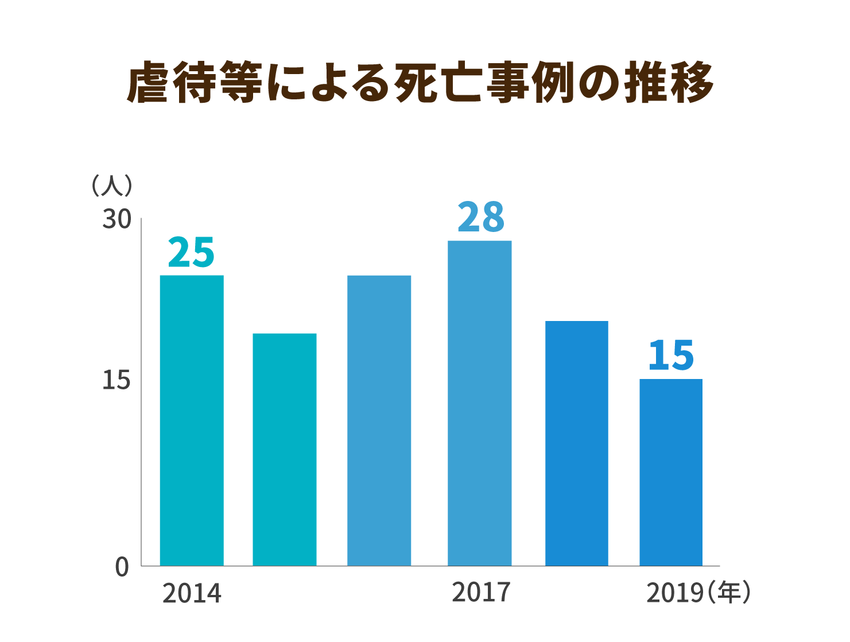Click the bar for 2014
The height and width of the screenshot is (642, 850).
click(x=192, y=420)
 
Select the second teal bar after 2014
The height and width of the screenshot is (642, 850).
click(x=285, y=449)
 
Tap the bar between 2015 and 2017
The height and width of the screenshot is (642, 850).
click(x=379, y=420)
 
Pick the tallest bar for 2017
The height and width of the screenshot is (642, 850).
click(x=479, y=403)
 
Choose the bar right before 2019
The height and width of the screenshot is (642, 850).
click(x=576, y=443)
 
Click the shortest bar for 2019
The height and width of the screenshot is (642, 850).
click(x=671, y=472)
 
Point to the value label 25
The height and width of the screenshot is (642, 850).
click(x=191, y=253)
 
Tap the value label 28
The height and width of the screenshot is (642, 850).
click(x=481, y=218)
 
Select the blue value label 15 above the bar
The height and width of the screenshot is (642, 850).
click(x=671, y=356)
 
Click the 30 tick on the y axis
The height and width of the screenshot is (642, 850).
click(x=117, y=219)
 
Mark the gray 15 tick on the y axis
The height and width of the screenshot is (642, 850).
click(x=117, y=381)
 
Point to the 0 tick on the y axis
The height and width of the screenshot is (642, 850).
click(x=122, y=567)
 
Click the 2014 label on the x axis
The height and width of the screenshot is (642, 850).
click(x=192, y=594)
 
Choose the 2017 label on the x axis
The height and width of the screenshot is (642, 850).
click(x=481, y=593)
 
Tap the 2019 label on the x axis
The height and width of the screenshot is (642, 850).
click(x=674, y=594)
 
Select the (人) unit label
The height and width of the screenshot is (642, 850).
click(x=112, y=185)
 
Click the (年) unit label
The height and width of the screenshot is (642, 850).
click(x=729, y=593)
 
